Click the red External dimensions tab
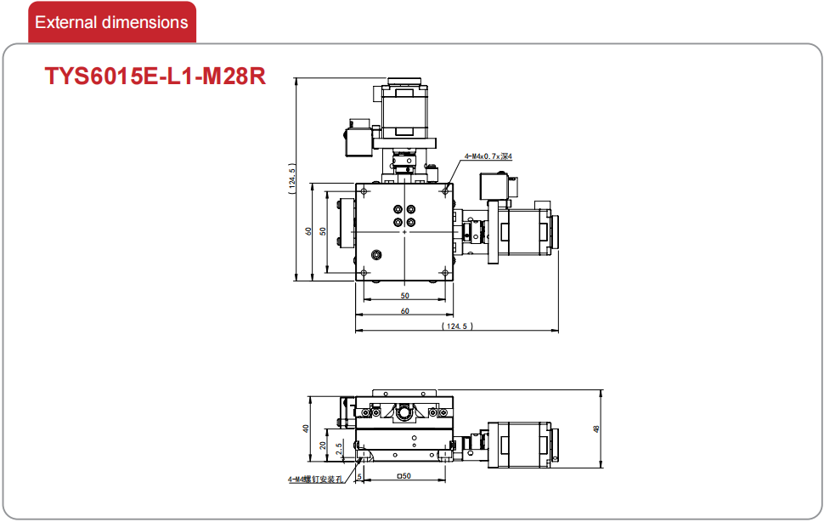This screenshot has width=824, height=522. (x=112, y=22)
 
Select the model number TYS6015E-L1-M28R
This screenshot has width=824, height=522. (x=155, y=77)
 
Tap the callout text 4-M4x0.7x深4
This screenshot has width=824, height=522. (x=488, y=156)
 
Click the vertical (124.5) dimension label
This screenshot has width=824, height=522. (x=292, y=179)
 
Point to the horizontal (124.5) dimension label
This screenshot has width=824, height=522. (x=457, y=326)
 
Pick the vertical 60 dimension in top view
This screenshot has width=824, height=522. (x=308, y=230)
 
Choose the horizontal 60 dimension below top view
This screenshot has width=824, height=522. (x=404, y=310)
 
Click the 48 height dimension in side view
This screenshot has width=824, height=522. (x=596, y=429)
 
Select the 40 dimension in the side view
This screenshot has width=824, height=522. (x=306, y=428)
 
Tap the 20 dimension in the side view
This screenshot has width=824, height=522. (x=323, y=445)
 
